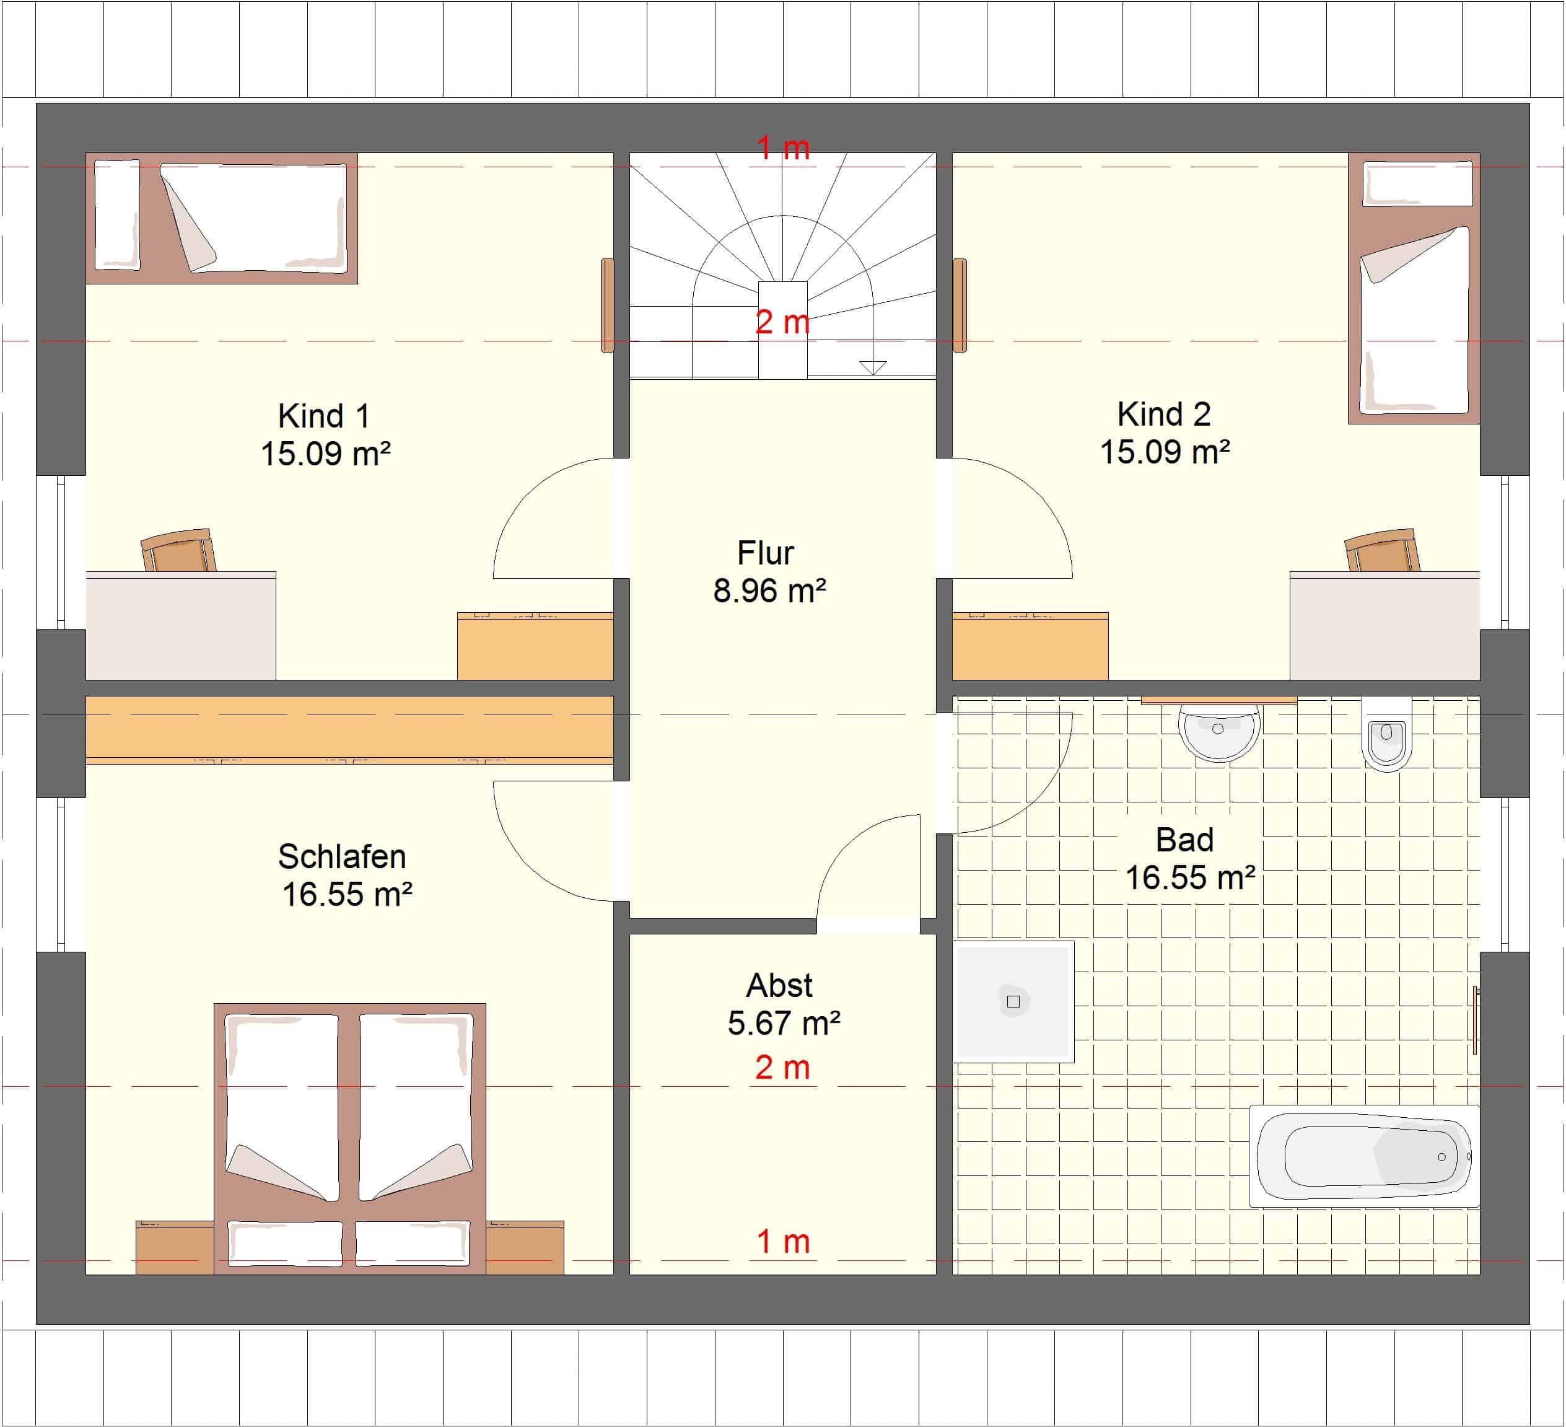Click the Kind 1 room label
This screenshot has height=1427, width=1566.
click(324, 416)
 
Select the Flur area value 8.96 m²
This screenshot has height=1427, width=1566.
click(769, 591)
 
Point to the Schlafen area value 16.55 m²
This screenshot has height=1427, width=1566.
click(346, 894)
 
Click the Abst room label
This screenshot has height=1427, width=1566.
click(779, 985)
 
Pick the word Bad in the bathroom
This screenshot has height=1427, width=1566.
click(1184, 840)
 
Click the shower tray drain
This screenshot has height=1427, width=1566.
click(1013, 1001)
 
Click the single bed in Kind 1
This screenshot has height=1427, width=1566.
click(221, 218)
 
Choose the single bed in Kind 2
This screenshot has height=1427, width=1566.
click(1414, 288)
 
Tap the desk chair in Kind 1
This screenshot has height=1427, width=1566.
click(178, 551)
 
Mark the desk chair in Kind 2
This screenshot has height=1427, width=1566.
click(1382, 551)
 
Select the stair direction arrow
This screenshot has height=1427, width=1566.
click(873, 367)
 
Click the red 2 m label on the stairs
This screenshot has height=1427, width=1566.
click(782, 322)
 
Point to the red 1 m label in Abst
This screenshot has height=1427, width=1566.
click(783, 1241)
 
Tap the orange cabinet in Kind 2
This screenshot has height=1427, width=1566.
click(1030, 646)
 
